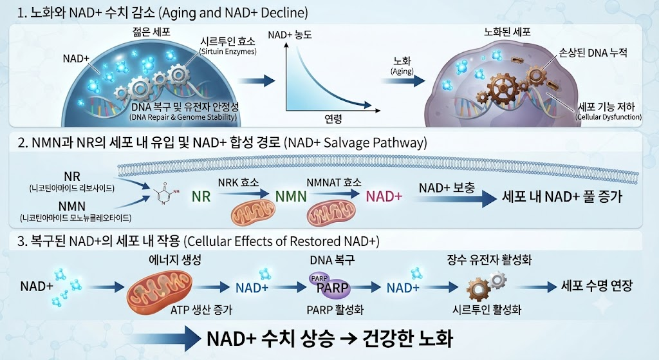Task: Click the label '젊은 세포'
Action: pos(151,32)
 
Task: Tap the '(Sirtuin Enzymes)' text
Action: pos(228,52)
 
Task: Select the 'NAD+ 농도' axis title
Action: pos(290,35)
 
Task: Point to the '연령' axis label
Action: pos(333,119)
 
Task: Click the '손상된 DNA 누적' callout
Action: pos(593,53)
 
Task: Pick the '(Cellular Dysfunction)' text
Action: pos(609,117)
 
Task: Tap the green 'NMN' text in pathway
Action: pos(291,196)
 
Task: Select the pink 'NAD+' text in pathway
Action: pos(384,196)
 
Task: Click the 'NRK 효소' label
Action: pos(238,182)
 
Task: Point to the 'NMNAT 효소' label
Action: pos(334,182)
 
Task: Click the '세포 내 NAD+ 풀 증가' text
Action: pos(562,196)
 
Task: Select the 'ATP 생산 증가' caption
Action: pos(201,310)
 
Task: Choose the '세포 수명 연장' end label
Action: pos(597,286)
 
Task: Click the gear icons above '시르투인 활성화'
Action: pos(487,285)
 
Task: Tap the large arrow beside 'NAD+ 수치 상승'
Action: pos(164,337)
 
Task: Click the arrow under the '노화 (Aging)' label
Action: pos(404,81)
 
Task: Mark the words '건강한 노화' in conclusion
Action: pos(402,337)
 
